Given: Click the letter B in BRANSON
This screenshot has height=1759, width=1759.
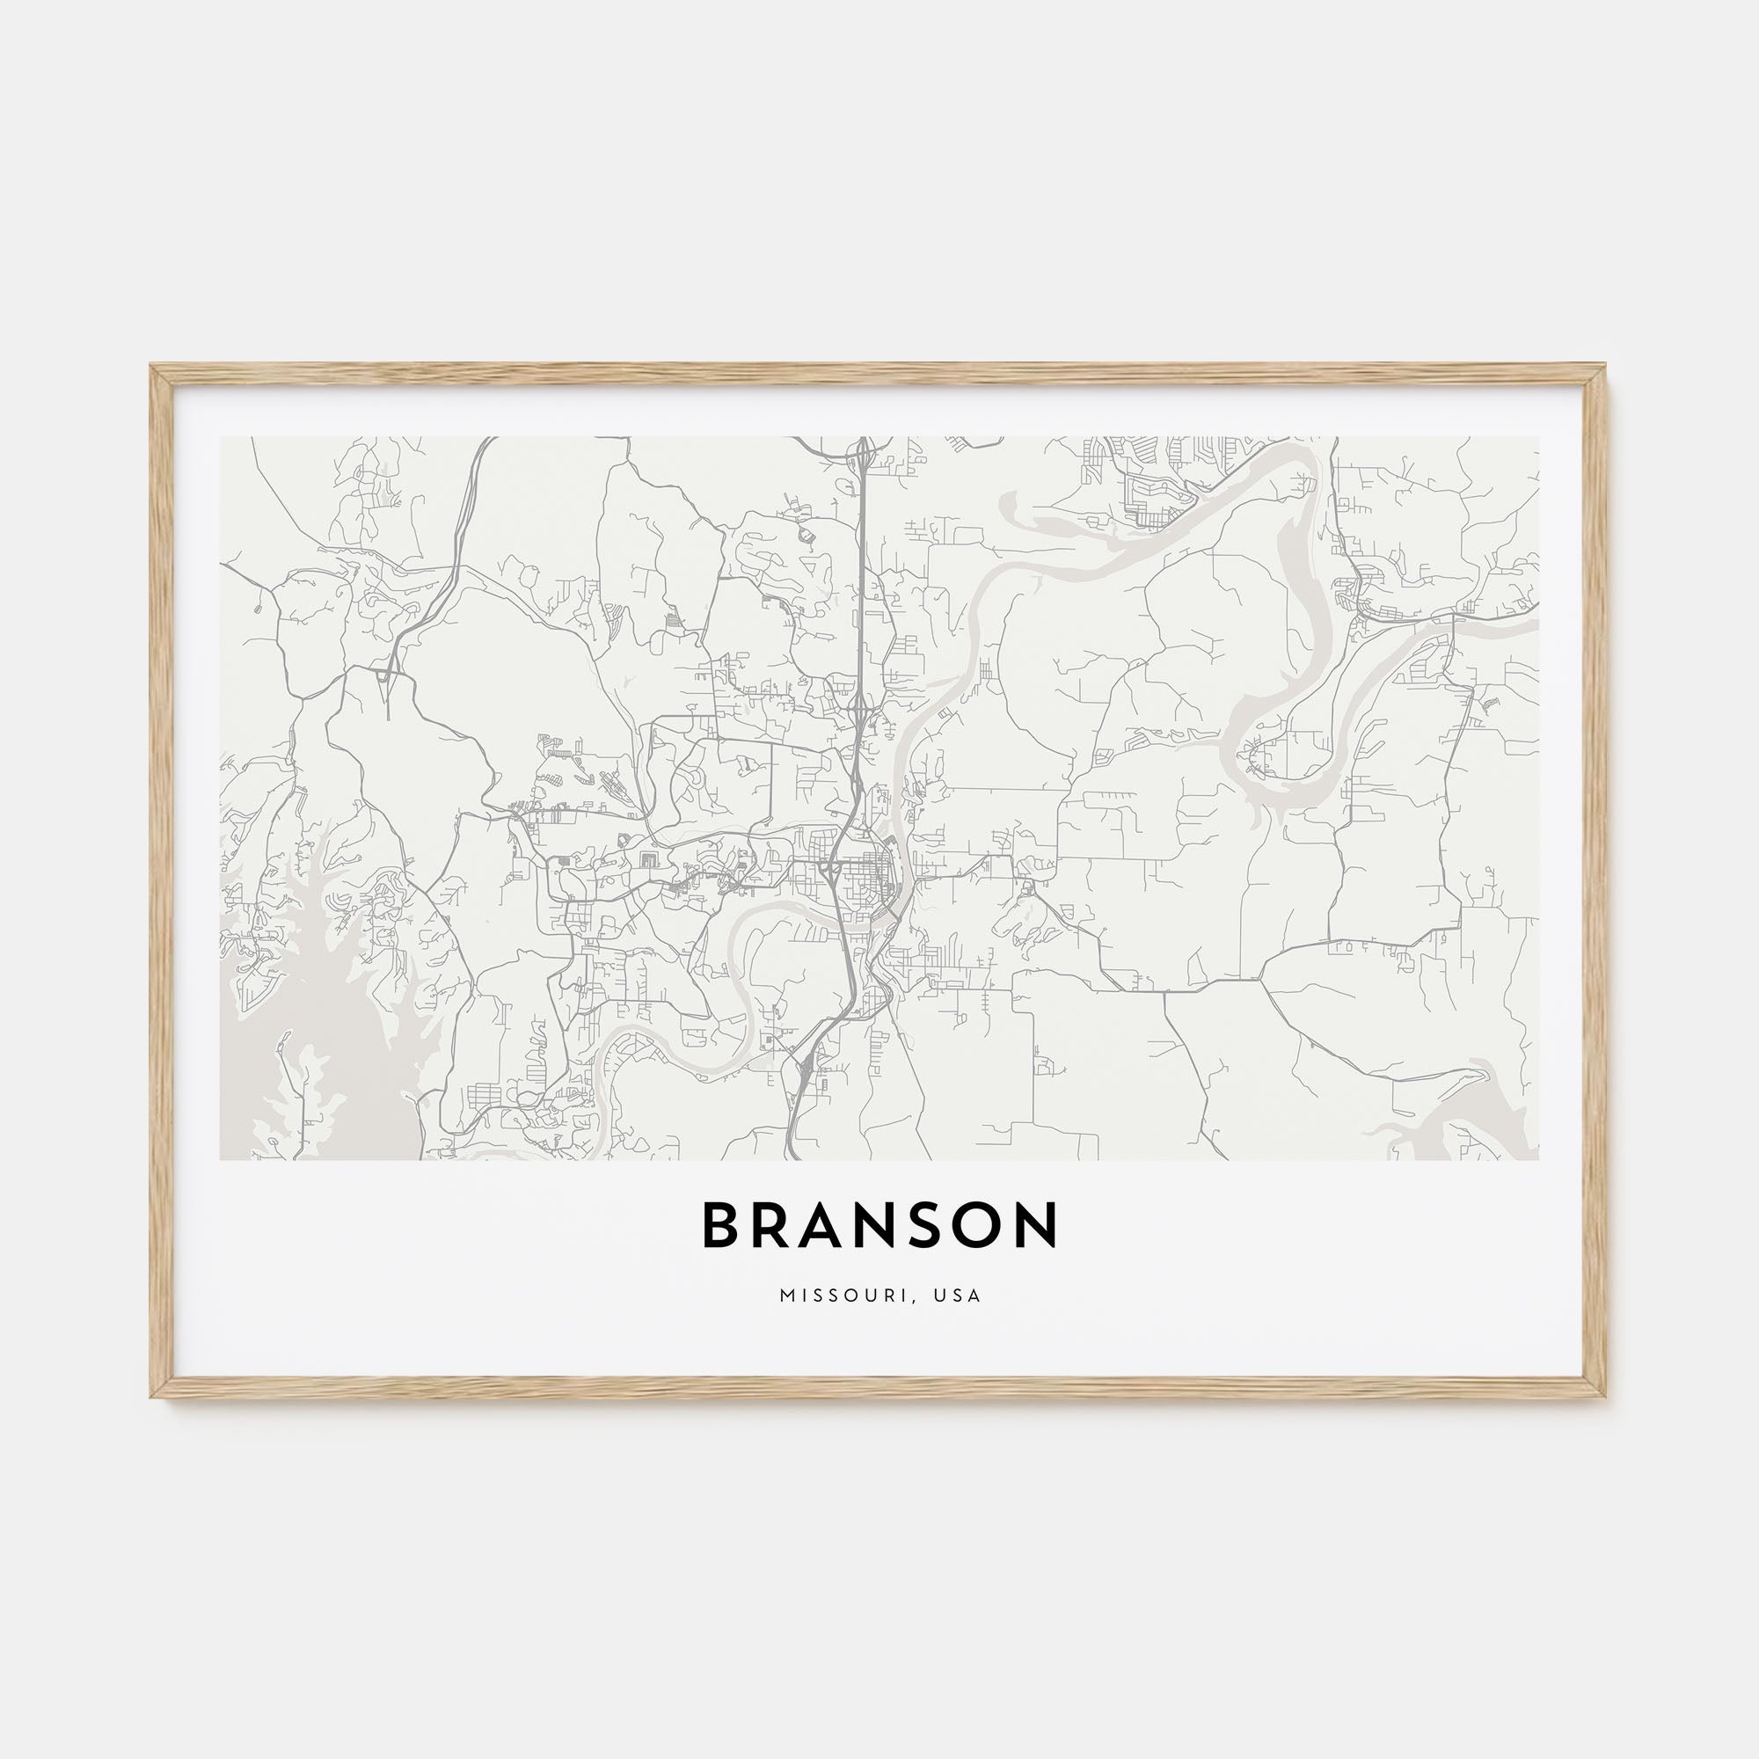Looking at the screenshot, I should (720, 1224).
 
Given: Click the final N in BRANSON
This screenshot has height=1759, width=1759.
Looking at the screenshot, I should (1038, 1224).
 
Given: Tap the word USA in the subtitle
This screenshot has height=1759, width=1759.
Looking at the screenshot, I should (960, 1296).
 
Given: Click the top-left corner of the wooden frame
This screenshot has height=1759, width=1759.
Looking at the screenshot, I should (152, 367).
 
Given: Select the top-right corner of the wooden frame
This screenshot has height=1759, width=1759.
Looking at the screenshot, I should (1606, 367).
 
